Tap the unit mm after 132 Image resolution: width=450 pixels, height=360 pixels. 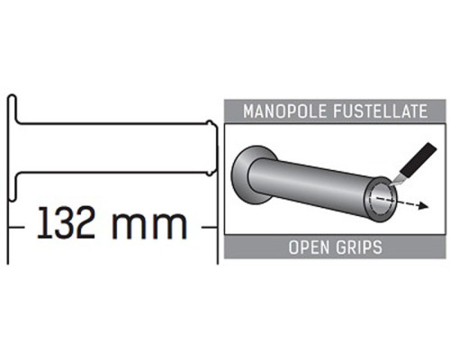click(149, 226)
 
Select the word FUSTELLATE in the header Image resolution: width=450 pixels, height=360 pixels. click(381, 112)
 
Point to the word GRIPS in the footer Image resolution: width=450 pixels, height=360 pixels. click(359, 247)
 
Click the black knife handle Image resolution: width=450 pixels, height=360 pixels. click(419, 159)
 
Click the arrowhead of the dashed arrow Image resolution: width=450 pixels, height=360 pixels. click(423, 206)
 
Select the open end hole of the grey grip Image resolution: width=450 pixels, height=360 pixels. click(381, 200)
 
